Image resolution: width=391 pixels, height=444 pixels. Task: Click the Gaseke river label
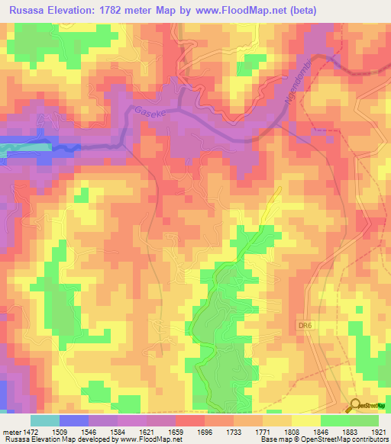click(x=150, y=111)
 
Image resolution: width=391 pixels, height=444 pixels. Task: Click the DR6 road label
click(x=305, y=325)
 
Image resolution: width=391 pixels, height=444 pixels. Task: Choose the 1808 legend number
click(x=293, y=432)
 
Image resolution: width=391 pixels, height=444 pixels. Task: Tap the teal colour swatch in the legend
click(x=45, y=420)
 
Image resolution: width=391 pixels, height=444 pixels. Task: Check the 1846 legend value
click(x=322, y=432)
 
